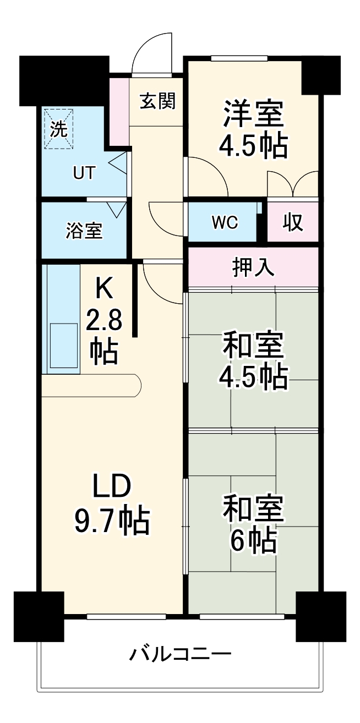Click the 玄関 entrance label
coord(157,101)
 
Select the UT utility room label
coord(84,173)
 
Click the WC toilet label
coord(224,222)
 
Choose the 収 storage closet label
coord(293,222)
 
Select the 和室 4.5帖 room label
coord(254,361)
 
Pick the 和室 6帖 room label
coord(254,523)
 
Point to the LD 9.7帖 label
coord(111,504)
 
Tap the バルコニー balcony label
coord(180,655)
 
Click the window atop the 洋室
coord(239,58)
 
